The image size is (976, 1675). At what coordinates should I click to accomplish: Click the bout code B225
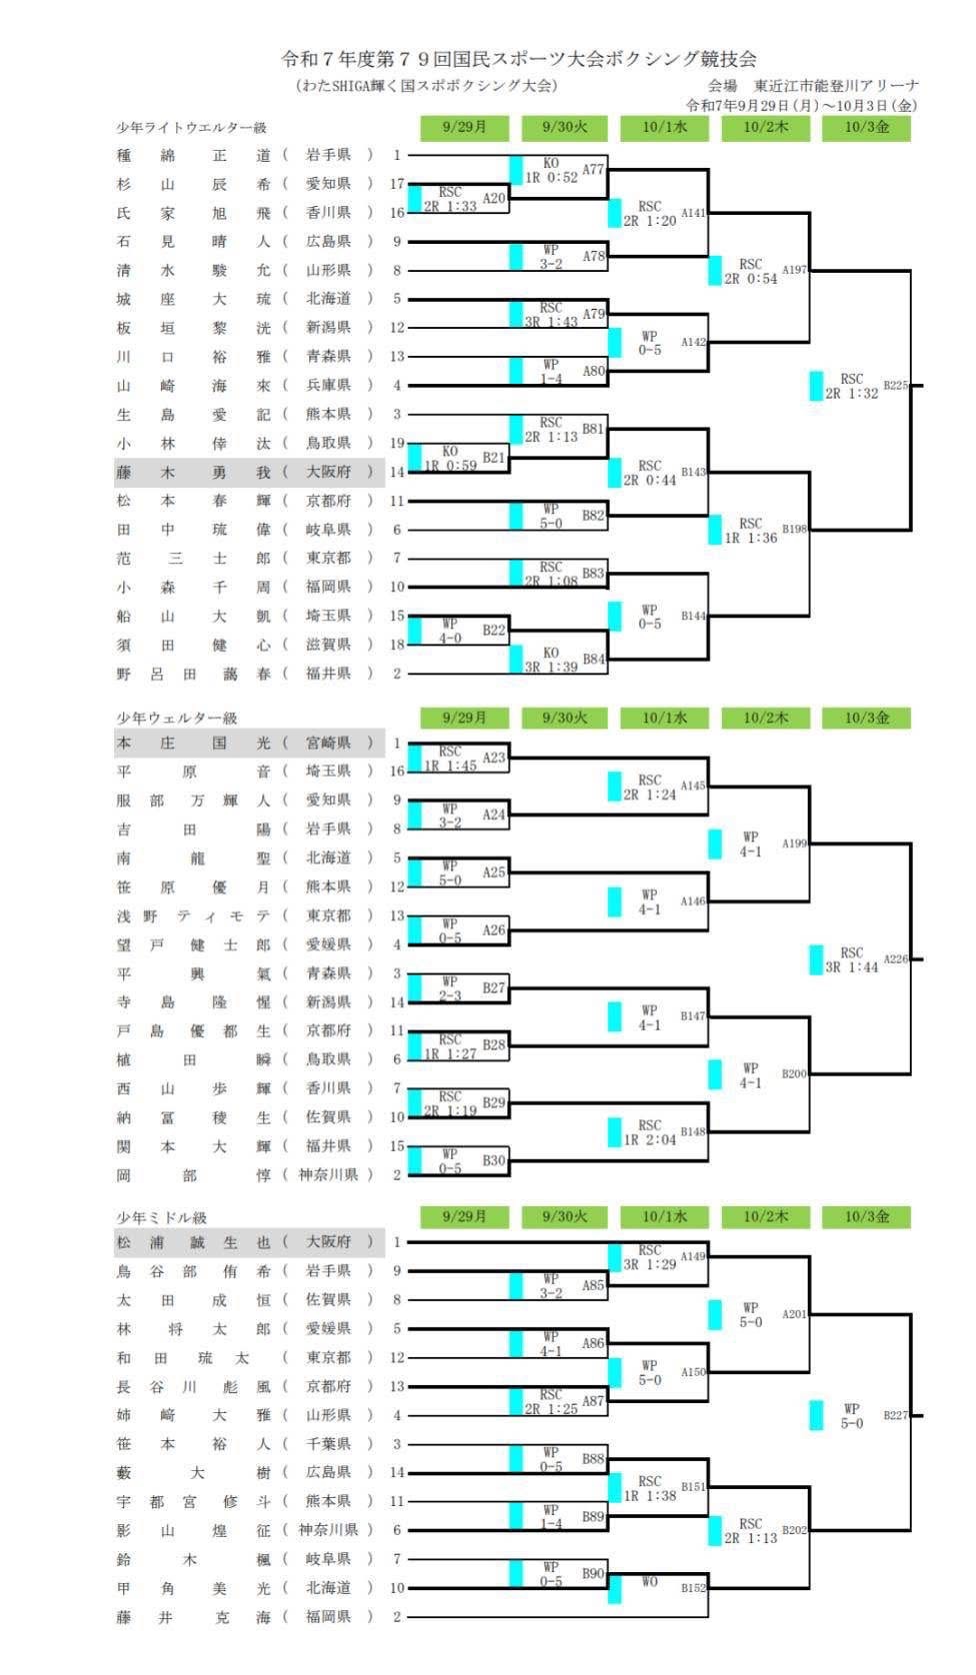(895, 385)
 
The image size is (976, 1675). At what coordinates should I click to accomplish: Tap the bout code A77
(593, 170)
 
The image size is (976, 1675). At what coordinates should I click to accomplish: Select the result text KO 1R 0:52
(551, 170)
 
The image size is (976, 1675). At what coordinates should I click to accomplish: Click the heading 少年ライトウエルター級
(192, 128)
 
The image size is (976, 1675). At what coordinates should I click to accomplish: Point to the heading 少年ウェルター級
(177, 718)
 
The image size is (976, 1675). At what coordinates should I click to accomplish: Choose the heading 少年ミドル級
(161, 1217)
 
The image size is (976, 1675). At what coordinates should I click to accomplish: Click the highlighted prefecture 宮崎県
(328, 744)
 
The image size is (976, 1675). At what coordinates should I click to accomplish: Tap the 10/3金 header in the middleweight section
(866, 1216)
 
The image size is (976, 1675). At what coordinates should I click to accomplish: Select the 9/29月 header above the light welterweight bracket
(464, 127)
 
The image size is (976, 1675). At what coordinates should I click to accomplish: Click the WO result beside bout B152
(649, 1582)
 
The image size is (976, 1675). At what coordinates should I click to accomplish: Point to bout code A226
(895, 959)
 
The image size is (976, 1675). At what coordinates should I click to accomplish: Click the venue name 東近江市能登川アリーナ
(836, 86)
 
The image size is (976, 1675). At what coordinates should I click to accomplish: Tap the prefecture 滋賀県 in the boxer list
(328, 646)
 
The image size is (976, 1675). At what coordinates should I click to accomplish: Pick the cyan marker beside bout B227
(817, 1415)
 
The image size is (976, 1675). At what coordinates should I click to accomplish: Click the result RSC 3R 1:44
(851, 959)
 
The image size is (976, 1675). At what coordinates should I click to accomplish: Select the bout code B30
(494, 1160)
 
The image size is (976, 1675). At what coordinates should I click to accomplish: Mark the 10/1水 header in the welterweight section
(665, 718)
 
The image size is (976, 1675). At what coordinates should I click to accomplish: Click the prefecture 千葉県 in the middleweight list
(328, 1444)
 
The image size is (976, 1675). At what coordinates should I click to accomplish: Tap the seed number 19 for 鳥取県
(397, 444)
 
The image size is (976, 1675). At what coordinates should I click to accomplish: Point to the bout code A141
(693, 213)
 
